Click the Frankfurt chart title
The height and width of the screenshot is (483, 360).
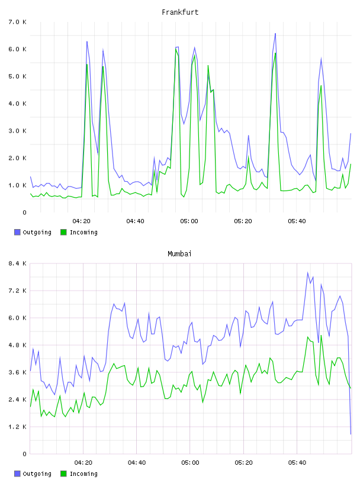tap(180, 12)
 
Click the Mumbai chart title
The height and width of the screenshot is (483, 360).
tap(179, 254)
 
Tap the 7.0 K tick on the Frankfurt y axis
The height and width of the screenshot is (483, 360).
tap(18, 22)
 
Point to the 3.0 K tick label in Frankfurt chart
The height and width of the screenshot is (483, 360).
tap(18, 131)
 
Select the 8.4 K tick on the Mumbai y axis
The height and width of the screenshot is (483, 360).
tap(18, 263)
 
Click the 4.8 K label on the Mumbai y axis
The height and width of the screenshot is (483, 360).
tap(18, 345)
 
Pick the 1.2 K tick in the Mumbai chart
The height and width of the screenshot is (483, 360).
tap(18, 427)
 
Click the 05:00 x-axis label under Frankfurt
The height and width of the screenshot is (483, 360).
tap(189, 221)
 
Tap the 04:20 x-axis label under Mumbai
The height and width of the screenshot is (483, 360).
tap(83, 463)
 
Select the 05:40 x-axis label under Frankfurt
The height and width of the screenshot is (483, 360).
tap(297, 221)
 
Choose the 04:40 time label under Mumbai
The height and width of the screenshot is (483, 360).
tap(137, 463)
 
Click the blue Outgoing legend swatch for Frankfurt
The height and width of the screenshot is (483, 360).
tap(17, 232)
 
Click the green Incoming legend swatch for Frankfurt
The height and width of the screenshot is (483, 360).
tap(63, 232)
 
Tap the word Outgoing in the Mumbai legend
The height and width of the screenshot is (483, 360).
tap(37, 474)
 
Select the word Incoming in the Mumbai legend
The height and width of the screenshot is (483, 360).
tap(83, 474)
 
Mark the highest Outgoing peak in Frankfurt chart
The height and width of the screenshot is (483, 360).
tap(275, 33)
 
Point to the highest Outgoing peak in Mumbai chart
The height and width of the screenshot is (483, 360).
tap(307, 272)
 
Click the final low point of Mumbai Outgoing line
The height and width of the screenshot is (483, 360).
tap(351, 434)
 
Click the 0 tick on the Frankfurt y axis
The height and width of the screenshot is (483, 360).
tap(24, 212)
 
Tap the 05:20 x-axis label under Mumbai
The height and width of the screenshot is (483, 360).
tap(243, 463)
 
